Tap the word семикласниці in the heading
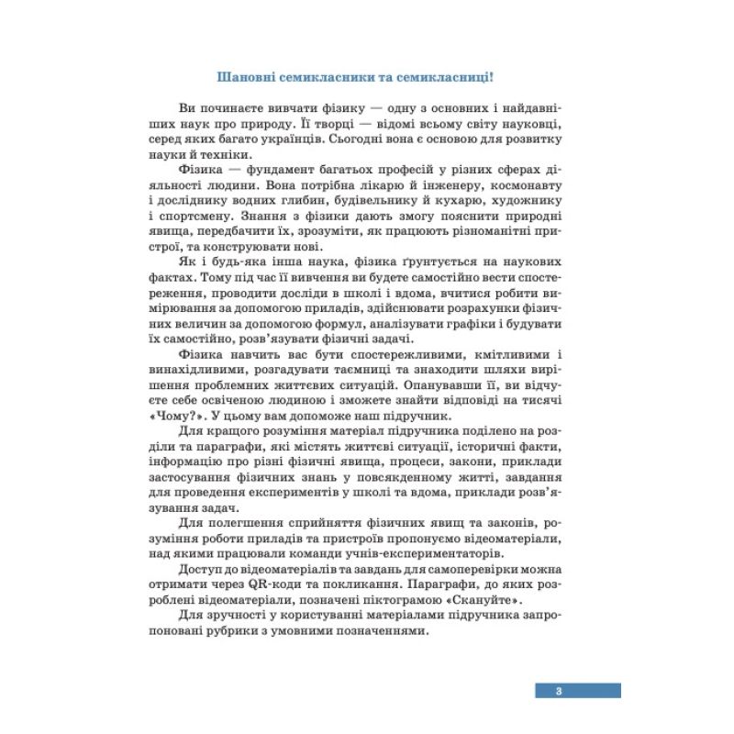tap(454, 77)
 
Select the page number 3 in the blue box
tap(558, 690)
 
